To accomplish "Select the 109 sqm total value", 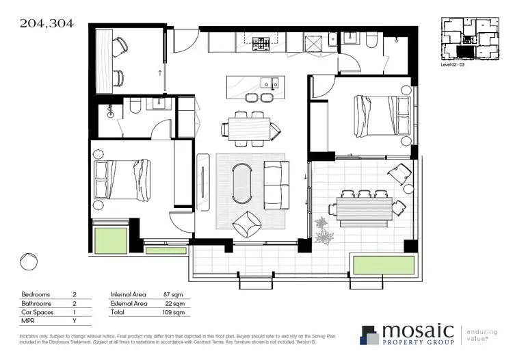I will (175, 313).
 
